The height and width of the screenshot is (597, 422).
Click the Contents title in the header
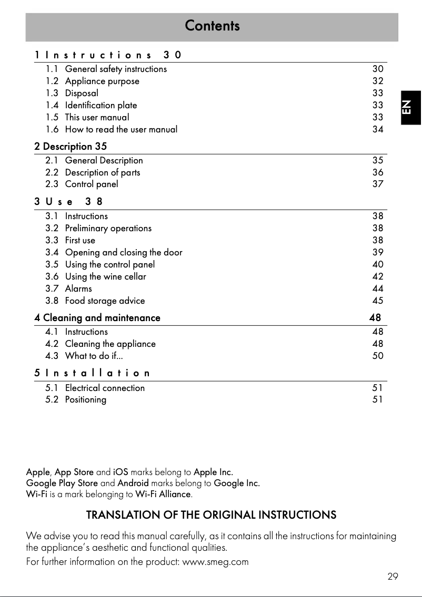tap(212, 26)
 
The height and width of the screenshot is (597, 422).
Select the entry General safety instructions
tap(116, 69)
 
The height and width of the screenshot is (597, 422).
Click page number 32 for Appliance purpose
tap(378, 81)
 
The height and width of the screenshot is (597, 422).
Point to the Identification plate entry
tap(101, 105)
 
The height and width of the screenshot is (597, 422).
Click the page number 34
tap(378, 129)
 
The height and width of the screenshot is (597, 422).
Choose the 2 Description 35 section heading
tap(71, 146)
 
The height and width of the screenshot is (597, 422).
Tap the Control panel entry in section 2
tap(92, 184)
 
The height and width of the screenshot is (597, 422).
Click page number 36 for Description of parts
tap(378, 172)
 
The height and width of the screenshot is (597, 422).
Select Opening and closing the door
tap(124, 252)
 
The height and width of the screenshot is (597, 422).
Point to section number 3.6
tap(52, 276)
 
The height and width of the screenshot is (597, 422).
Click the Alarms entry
tap(78, 289)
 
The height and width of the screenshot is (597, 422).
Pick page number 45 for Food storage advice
tap(378, 301)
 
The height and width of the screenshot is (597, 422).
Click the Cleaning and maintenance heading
tap(102, 317)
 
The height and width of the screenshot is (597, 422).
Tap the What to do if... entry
tap(94, 356)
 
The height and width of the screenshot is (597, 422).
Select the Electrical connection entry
tap(105, 388)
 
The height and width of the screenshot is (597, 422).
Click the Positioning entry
tap(85, 399)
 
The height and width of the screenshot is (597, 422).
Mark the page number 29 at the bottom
tap(393, 577)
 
